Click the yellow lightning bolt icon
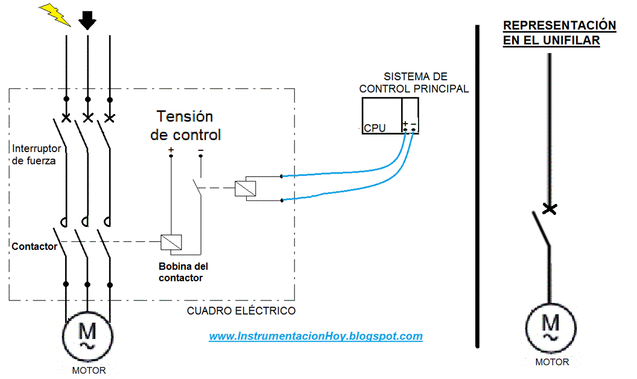pyautogui.click(x=55, y=14)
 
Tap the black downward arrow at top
pyautogui.click(x=88, y=19)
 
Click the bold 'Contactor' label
pyautogui.click(x=34, y=246)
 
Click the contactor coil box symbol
pyautogui.click(x=171, y=242)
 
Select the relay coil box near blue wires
pyautogui.click(x=246, y=188)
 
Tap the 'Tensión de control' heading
pyautogui.click(x=185, y=125)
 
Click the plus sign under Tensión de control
pyautogui.click(x=171, y=150)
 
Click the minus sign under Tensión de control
pyautogui.click(x=200, y=150)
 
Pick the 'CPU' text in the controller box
pyautogui.click(x=375, y=128)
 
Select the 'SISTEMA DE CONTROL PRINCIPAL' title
pyautogui.click(x=414, y=83)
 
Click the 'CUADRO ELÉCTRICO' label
pyautogui.click(x=241, y=311)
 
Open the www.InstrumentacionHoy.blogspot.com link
pyautogui.click(x=315, y=336)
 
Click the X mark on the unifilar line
pyautogui.click(x=549, y=209)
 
